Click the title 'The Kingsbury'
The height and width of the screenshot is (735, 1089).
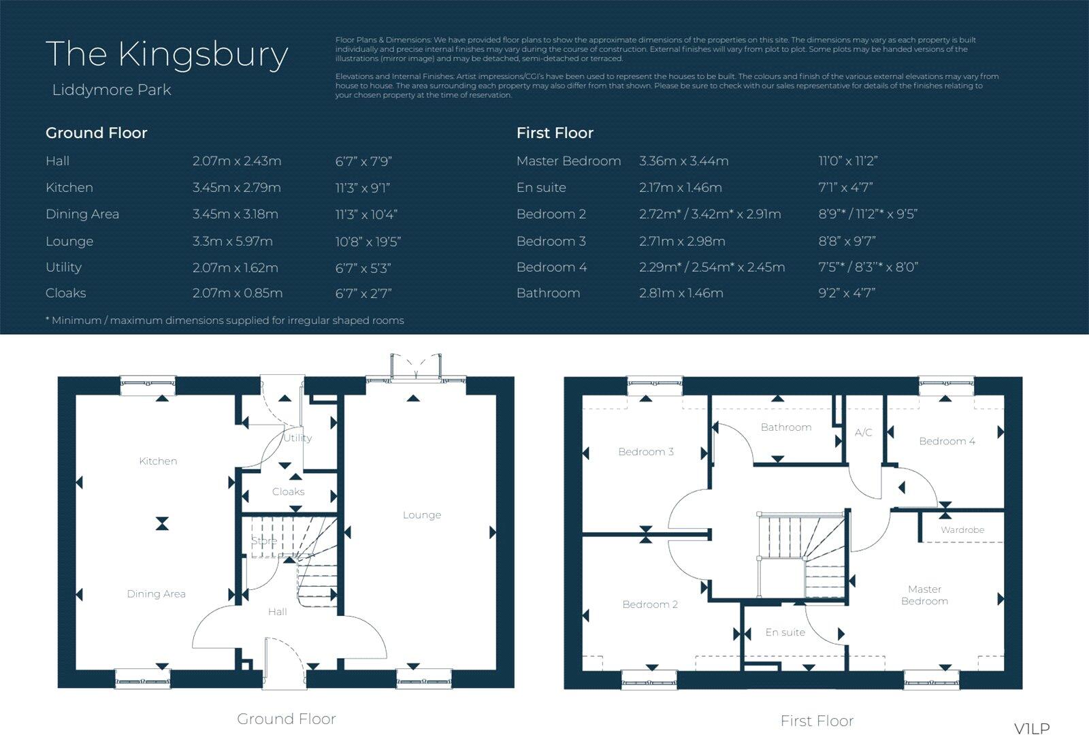167,54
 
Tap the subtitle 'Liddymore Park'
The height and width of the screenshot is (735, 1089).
112,90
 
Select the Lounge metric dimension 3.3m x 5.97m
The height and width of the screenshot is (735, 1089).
232,241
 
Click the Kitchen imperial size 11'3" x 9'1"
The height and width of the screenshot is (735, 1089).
362,187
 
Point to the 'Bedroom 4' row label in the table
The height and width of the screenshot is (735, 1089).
551,267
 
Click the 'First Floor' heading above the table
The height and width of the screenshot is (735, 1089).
555,133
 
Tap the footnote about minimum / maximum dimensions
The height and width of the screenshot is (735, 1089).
225,320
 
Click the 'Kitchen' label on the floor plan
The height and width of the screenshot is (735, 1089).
158,461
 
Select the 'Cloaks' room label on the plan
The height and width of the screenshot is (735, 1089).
288,491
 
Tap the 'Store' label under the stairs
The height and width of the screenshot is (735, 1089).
263,541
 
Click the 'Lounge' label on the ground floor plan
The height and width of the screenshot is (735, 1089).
421,514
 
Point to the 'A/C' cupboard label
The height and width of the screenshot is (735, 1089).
863,432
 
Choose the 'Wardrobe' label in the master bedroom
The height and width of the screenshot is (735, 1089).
962,529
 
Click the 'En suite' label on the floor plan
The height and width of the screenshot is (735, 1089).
785,632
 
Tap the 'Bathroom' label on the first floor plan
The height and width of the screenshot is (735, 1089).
785,427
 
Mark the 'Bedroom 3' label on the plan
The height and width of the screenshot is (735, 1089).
645,451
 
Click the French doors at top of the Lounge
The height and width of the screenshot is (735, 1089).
415,367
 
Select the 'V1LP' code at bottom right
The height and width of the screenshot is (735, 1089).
1032,728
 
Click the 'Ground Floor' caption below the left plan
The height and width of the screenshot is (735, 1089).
286,718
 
